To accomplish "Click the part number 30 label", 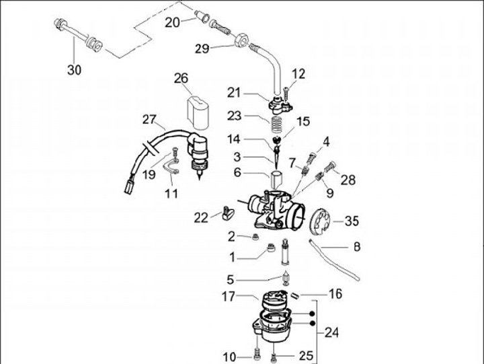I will coord(73,69).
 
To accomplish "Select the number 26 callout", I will coord(181,79).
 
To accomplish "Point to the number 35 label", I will coord(352,221).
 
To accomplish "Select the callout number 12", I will coord(298,73).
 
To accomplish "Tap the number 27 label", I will coord(149,120).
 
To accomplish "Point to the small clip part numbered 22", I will coord(226,215).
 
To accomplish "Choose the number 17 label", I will coord(229,295).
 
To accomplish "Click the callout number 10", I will coord(230,356).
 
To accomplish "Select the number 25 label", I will coord(306,355).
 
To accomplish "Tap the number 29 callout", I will coord(202,48).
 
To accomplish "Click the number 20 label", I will coord(173,22).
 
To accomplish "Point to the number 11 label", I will coord(172,194).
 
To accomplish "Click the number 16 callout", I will coord(335,294).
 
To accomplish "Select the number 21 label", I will coord(233,93).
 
